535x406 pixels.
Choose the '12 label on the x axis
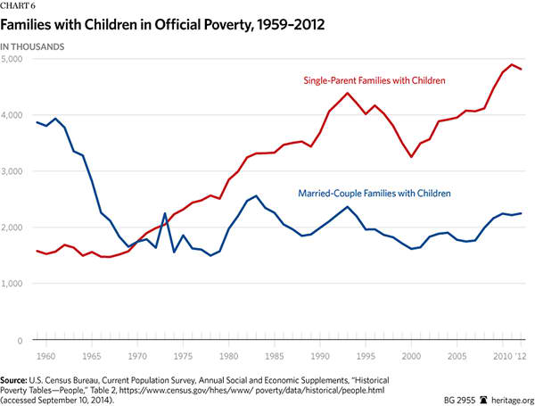point(518,355)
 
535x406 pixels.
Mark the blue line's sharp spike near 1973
point(165,213)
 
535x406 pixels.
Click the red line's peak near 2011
point(511,65)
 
